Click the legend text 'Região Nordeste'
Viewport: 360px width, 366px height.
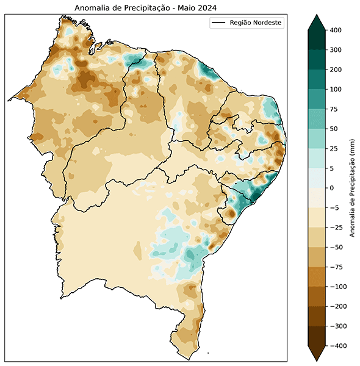(x=255, y=23)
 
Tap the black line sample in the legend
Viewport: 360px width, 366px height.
(x=218, y=23)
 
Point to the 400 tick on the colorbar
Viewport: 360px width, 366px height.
(x=334, y=30)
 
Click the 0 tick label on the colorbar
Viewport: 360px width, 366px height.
(x=332, y=188)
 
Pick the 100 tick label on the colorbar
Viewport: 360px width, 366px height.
(x=334, y=89)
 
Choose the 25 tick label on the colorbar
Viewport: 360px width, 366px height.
(x=333, y=148)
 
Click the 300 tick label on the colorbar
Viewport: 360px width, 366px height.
(x=334, y=50)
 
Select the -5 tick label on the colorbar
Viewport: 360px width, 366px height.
(x=333, y=207)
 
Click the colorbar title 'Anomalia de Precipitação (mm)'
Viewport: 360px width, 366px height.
(x=353, y=188)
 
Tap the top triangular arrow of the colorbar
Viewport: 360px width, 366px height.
(x=317, y=22)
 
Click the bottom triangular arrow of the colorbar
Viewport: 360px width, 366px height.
(x=317, y=353)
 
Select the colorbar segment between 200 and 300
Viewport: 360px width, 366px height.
(x=317, y=60)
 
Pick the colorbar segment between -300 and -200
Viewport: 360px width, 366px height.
(x=317, y=316)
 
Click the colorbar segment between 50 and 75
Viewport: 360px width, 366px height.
(x=317, y=119)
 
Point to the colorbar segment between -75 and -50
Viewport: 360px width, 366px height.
(x=317, y=257)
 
